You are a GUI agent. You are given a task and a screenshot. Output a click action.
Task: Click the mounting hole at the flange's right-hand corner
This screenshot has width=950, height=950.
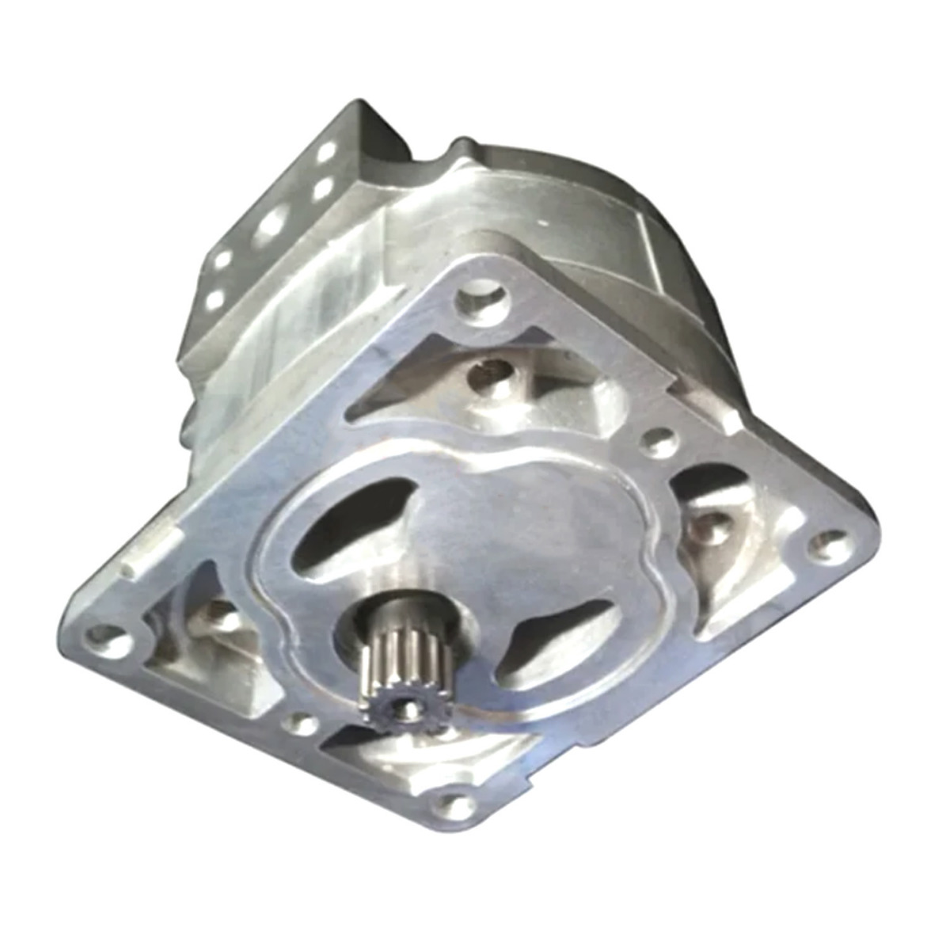coord(828,544)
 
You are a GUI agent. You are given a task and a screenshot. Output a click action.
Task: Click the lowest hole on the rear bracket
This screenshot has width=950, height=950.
coord(214,300)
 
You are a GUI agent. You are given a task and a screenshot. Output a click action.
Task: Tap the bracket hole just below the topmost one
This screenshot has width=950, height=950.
coord(321,190)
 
